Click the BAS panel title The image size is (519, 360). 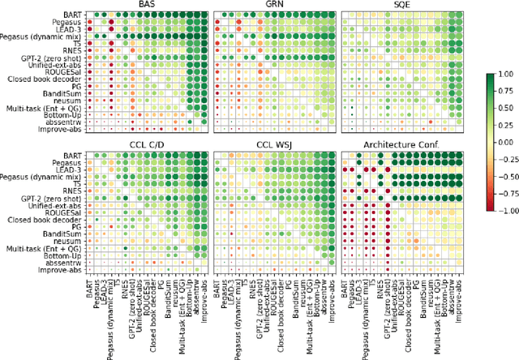click(148, 5)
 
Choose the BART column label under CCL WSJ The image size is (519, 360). click(217, 288)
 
